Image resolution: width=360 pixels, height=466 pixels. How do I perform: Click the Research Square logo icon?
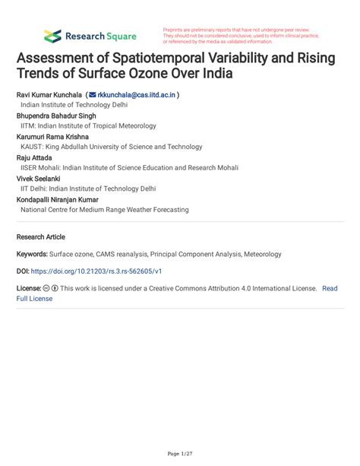coord(52,35)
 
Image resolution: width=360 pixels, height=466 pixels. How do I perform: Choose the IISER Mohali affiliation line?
coord(122,167)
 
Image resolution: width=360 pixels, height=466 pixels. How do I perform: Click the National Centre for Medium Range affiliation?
coord(105,209)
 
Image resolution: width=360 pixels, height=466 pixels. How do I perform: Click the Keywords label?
coord(33,255)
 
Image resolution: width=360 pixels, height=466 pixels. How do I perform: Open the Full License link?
coord(35,299)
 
